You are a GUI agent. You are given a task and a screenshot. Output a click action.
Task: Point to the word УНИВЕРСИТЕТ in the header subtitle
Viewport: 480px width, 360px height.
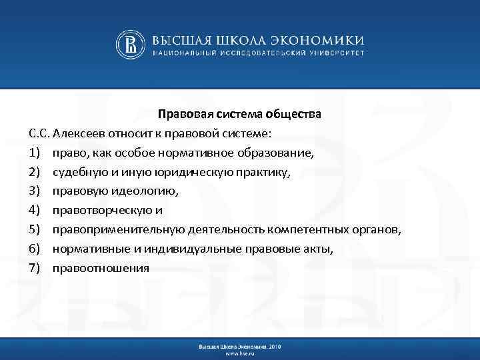click(x=332, y=52)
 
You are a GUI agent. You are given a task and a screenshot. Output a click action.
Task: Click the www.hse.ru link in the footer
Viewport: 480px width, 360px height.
click(x=239, y=353)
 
